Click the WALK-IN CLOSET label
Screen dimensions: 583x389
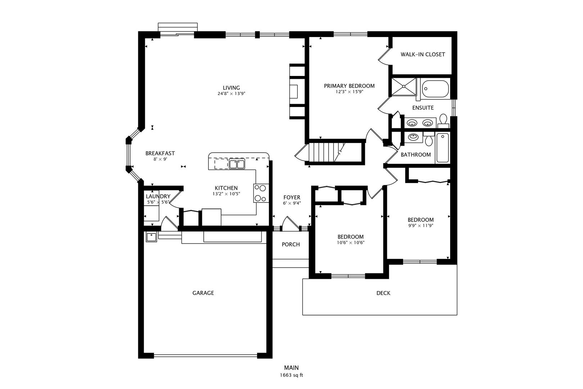click(422, 54)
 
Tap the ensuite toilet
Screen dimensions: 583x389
click(443, 121)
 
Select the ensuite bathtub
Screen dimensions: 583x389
click(435, 89)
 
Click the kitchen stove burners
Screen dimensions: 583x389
click(261, 193)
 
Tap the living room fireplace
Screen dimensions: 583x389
click(297, 91)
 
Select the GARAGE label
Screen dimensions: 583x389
click(203, 293)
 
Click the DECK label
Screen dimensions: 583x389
click(383, 293)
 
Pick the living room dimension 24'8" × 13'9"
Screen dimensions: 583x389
click(231, 94)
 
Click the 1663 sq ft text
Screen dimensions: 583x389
click(291, 375)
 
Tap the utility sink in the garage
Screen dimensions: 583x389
click(151, 237)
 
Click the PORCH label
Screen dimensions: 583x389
click(291, 245)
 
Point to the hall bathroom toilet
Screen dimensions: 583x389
click(429, 139)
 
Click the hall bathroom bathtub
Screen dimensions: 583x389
click(442, 147)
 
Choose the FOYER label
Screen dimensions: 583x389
click(292, 197)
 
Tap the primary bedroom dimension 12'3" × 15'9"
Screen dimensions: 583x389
click(349, 92)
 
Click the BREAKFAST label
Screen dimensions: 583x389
click(160, 153)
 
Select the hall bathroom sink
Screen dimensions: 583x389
click(413, 137)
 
